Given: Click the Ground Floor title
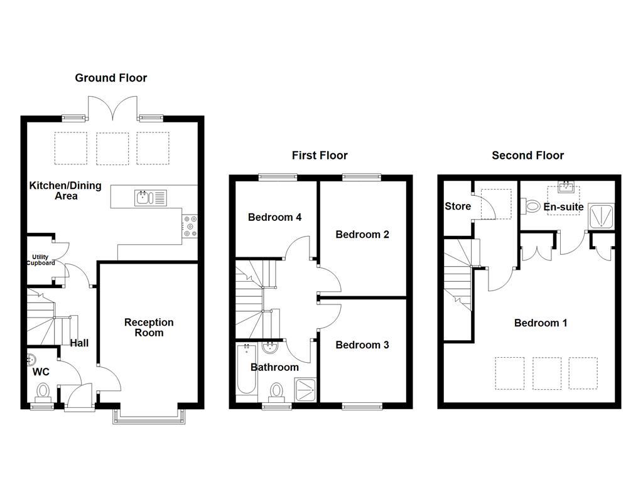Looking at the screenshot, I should [111, 78].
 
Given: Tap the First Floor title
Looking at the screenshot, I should [319, 155].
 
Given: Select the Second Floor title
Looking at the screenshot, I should [527, 155].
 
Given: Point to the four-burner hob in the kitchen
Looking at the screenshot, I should [190, 227].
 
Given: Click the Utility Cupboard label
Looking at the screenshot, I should [40, 260].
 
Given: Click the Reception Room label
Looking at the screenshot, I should [148, 327].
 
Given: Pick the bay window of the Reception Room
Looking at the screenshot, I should [149, 416].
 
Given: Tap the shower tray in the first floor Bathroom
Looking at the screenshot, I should [306, 390].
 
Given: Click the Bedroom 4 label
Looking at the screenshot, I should [274, 217].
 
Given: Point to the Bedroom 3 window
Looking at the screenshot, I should [361, 407].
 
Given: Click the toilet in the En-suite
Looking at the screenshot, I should [531, 205].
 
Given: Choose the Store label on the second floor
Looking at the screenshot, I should [457, 206].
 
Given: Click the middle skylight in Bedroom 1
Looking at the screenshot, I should [546, 373].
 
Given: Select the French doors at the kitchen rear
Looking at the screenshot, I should [112, 108].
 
